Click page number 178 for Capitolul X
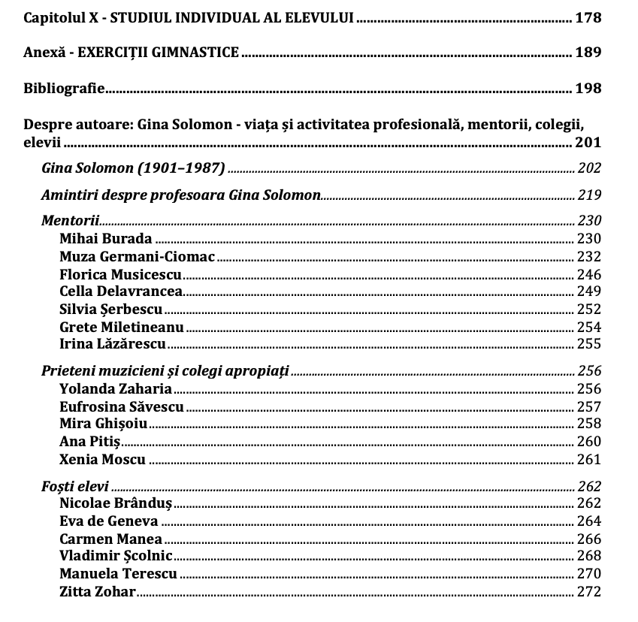588,18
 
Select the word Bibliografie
64,89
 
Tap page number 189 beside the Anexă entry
588,53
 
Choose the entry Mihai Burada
106,239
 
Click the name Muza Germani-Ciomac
138,257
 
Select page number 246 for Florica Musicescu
589,274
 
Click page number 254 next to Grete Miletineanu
589,327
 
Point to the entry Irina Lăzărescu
113,345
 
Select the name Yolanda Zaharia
116,389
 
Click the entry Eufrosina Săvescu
122,407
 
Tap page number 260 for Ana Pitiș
589,442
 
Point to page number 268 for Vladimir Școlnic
589,556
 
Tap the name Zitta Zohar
97,592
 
